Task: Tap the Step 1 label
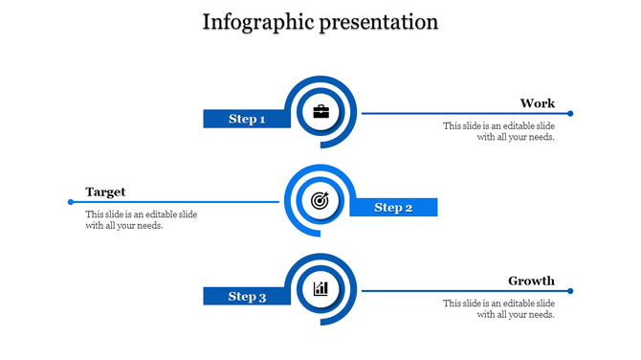(246, 119)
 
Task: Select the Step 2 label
(393, 208)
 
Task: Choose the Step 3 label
(246, 297)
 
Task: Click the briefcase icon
(320, 112)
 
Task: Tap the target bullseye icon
(320, 201)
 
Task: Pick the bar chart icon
(320, 288)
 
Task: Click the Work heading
(537, 103)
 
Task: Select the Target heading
(105, 191)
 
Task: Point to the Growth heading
(531, 281)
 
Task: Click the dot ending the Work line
(570, 114)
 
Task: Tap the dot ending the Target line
(71, 202)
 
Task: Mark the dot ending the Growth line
(570, 291)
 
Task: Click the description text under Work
(498, 131)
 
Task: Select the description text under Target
(141, 220)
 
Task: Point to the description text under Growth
(498, 308)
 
